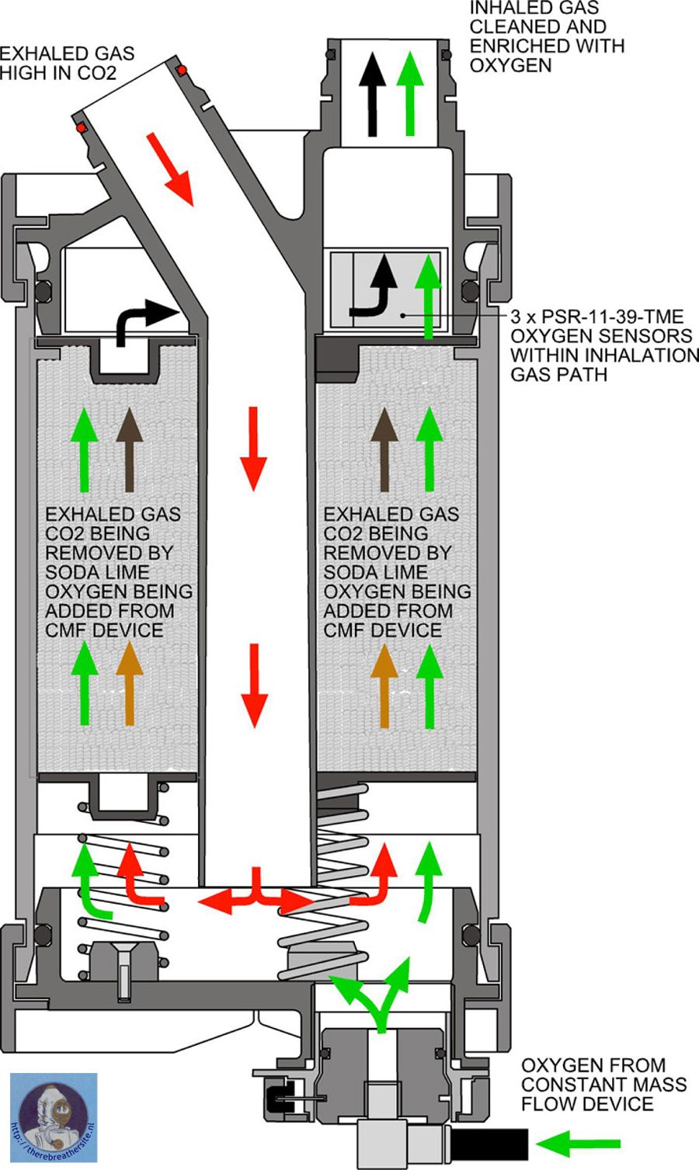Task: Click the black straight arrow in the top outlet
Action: tap(374, 93)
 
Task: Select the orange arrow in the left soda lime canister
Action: tap(129, 683)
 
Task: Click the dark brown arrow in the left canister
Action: tap(129, 450)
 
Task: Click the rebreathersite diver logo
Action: tap(53, 1117)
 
